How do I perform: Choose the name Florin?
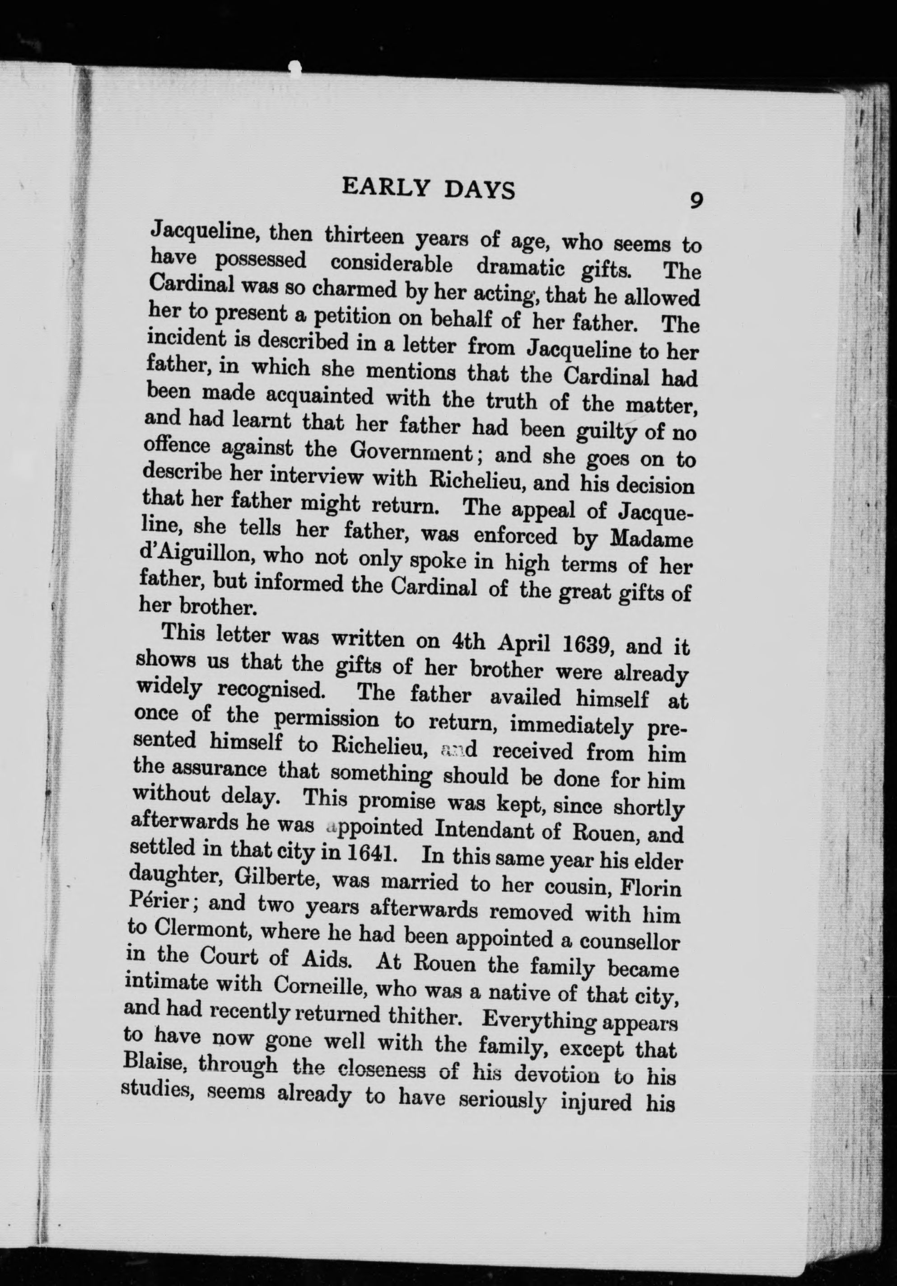point(652,889)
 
